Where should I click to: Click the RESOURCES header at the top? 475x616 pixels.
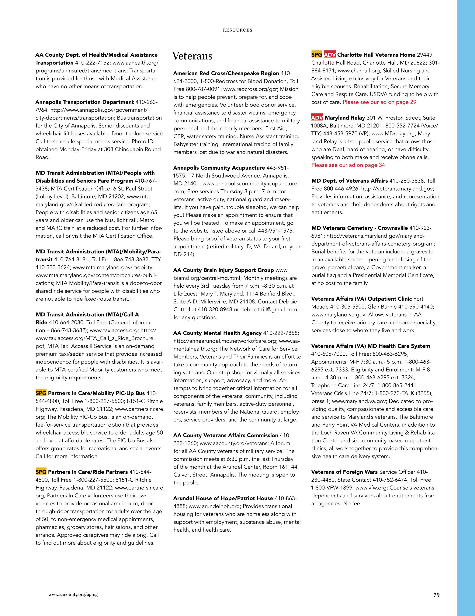pos(237,30)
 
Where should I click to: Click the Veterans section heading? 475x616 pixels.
pos(192,56)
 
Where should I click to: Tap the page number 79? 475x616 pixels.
pos(436,595)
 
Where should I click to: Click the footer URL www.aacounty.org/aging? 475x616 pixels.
pos(73,594)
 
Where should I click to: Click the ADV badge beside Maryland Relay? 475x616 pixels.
pos(317,118)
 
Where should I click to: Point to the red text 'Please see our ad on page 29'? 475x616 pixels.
pos(379,102)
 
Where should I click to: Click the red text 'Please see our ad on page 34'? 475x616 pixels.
pos(348,165)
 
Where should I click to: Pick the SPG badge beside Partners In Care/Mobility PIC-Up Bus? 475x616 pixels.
pos(41,393)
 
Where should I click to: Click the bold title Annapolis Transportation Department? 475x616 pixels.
pos(85,102)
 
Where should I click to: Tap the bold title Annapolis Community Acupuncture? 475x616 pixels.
pos(219,168)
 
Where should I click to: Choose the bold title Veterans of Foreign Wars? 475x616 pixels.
pos(344,472)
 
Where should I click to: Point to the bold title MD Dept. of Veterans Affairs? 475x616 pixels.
pos(350,181)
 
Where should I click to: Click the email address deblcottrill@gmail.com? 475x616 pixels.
pos(269,309)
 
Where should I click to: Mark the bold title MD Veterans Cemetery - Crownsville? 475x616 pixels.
pos(359,228)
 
